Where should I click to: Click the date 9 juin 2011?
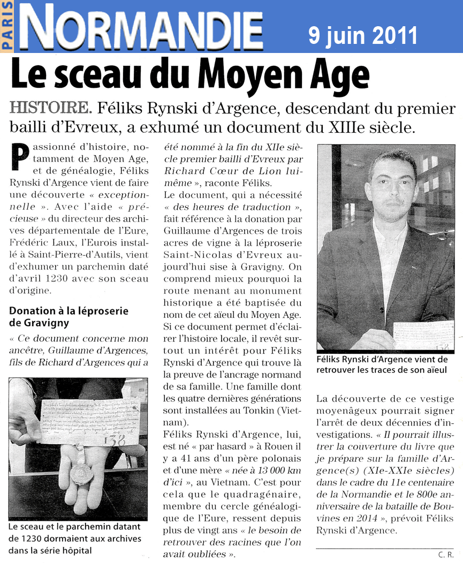pyautogui.click(x=362, y=35)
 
